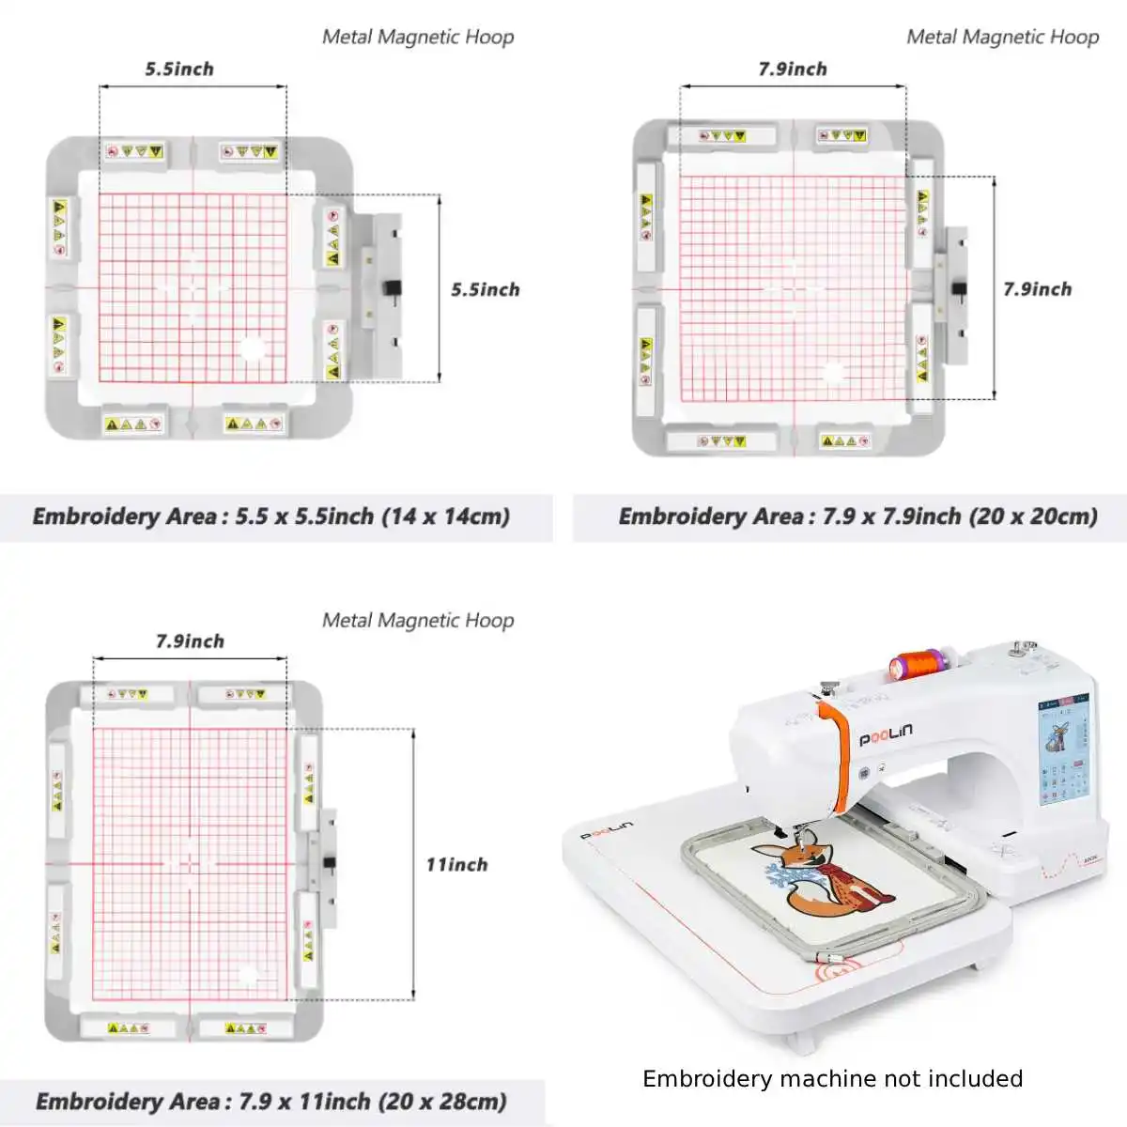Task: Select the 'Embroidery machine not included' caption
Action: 832,1078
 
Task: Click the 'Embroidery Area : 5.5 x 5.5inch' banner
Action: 271,517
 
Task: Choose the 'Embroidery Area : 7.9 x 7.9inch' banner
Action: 857,517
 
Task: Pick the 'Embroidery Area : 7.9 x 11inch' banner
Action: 271,1101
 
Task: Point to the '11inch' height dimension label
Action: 456,864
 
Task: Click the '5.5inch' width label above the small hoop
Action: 179,69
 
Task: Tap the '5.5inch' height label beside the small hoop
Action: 485,289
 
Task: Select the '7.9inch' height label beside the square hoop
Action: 1037,289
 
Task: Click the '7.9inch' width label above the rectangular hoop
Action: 190,641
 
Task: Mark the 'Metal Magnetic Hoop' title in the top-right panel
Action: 1002,37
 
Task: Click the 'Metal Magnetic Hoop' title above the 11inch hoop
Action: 418,620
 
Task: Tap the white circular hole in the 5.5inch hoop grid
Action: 252,349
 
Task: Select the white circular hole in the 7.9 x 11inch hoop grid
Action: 248,976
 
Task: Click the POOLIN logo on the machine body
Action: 886,733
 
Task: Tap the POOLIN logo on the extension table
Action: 606,829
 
